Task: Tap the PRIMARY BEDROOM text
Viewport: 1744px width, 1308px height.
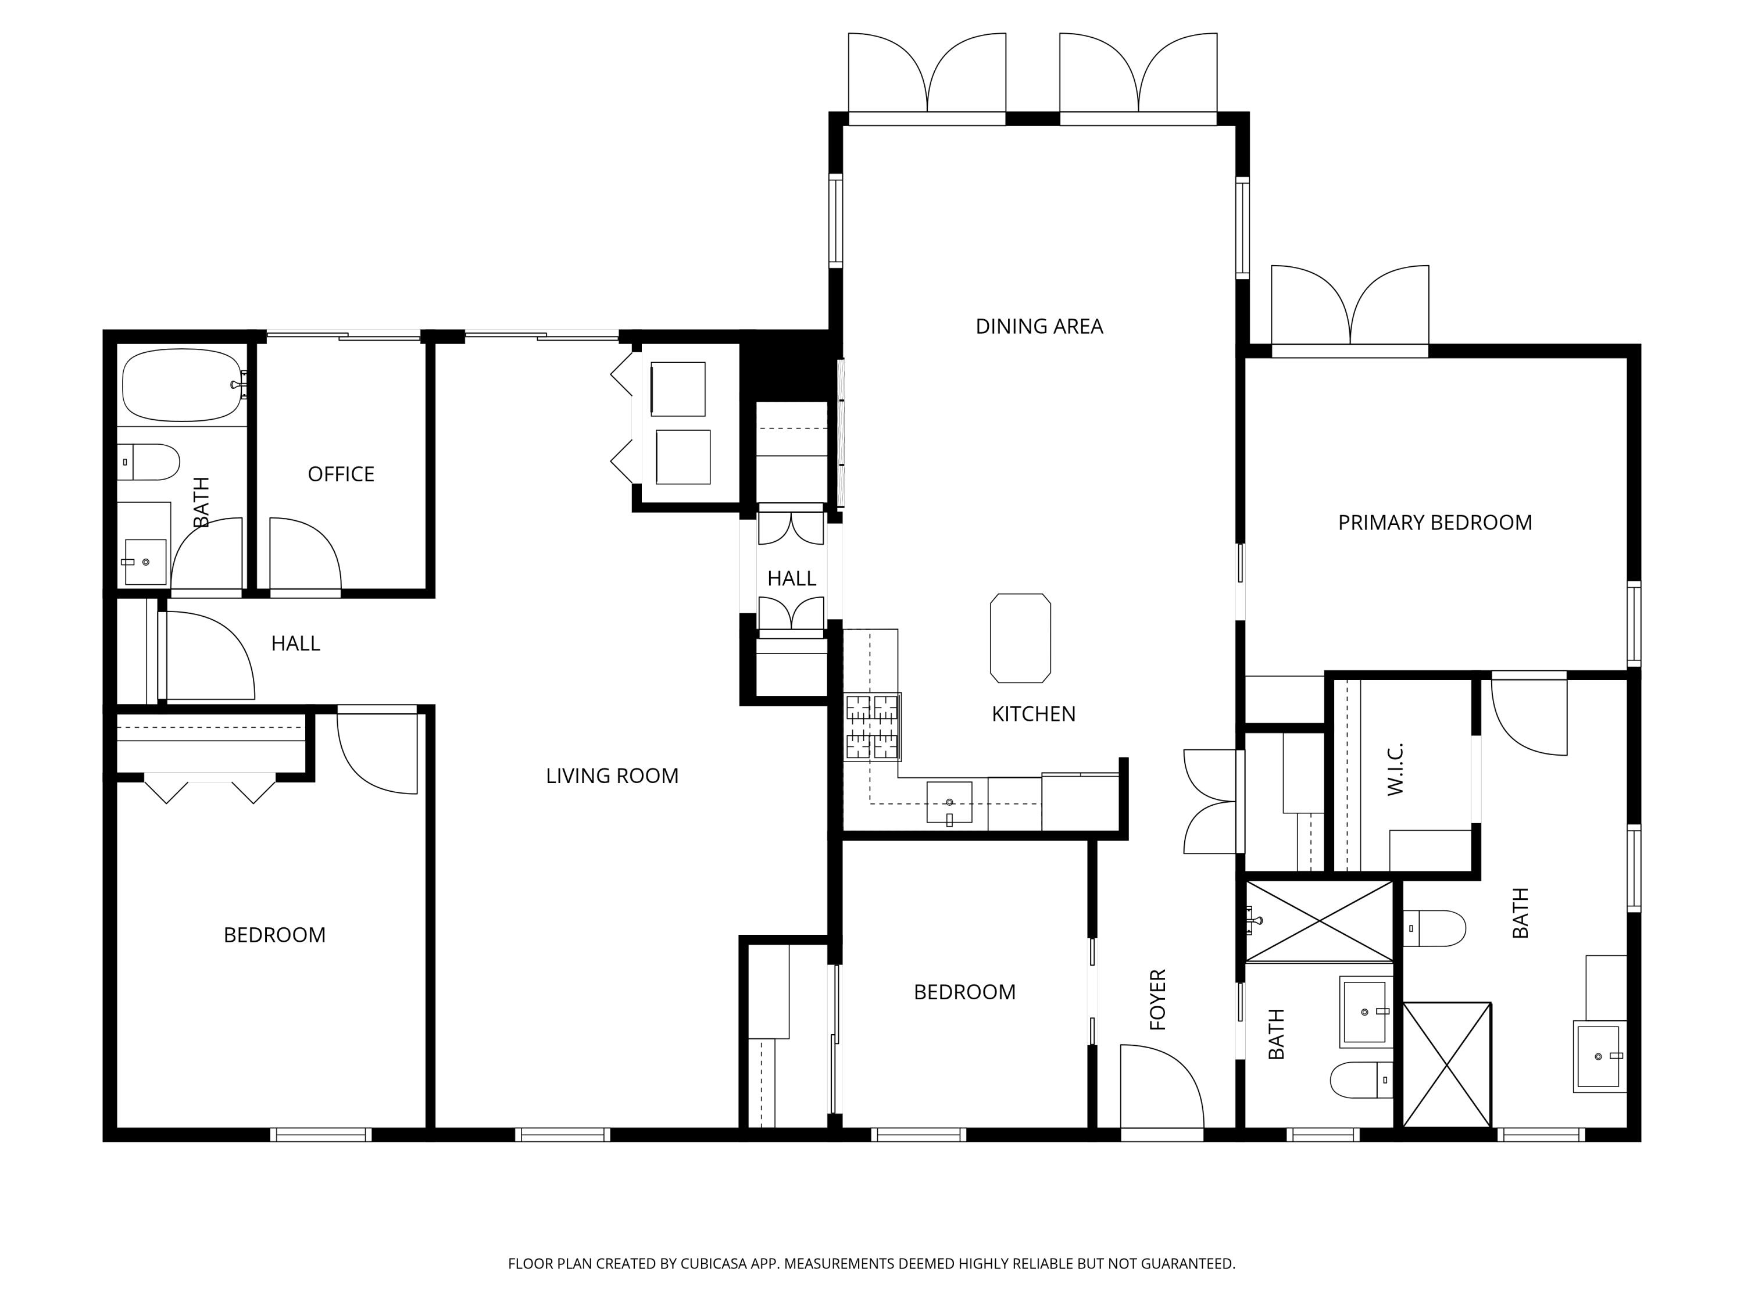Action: [1435, 523]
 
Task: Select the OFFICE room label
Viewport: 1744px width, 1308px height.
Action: [341, 474]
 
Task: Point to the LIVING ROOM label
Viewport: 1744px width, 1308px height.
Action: [612, 776]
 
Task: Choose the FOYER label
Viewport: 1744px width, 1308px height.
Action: [1157, 1000]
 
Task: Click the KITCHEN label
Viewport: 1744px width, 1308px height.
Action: [1034, 714]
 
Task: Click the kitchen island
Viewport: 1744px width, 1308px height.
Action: [1020, 638]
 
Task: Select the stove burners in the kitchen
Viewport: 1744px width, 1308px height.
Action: [873, 727]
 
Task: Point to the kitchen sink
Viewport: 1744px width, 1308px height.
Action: [949, 803]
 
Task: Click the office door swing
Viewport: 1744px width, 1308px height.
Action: [306, 553]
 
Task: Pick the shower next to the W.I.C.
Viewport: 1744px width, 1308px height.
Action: [1319, 921]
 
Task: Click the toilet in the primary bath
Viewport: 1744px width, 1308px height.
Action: [1434, 928]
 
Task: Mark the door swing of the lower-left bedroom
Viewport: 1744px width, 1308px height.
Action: [377, 751]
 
